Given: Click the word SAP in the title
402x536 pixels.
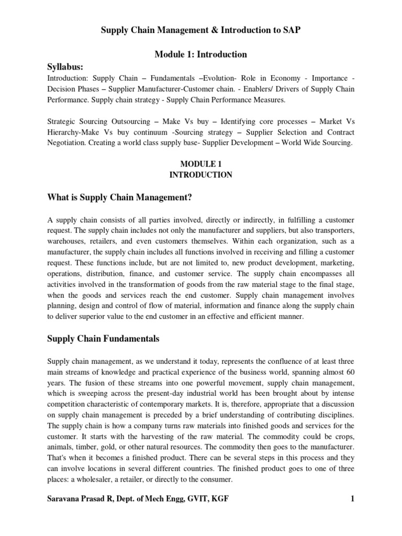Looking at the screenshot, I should point(293,31).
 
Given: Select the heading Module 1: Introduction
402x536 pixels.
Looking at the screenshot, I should point(201,54).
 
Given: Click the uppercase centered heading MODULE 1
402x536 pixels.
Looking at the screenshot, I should point(201,164).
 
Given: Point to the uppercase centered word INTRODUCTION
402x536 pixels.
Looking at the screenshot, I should point(201,175).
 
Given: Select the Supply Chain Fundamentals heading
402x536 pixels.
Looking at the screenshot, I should point(103,339).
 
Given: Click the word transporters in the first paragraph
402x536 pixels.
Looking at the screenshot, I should point(332,231).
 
